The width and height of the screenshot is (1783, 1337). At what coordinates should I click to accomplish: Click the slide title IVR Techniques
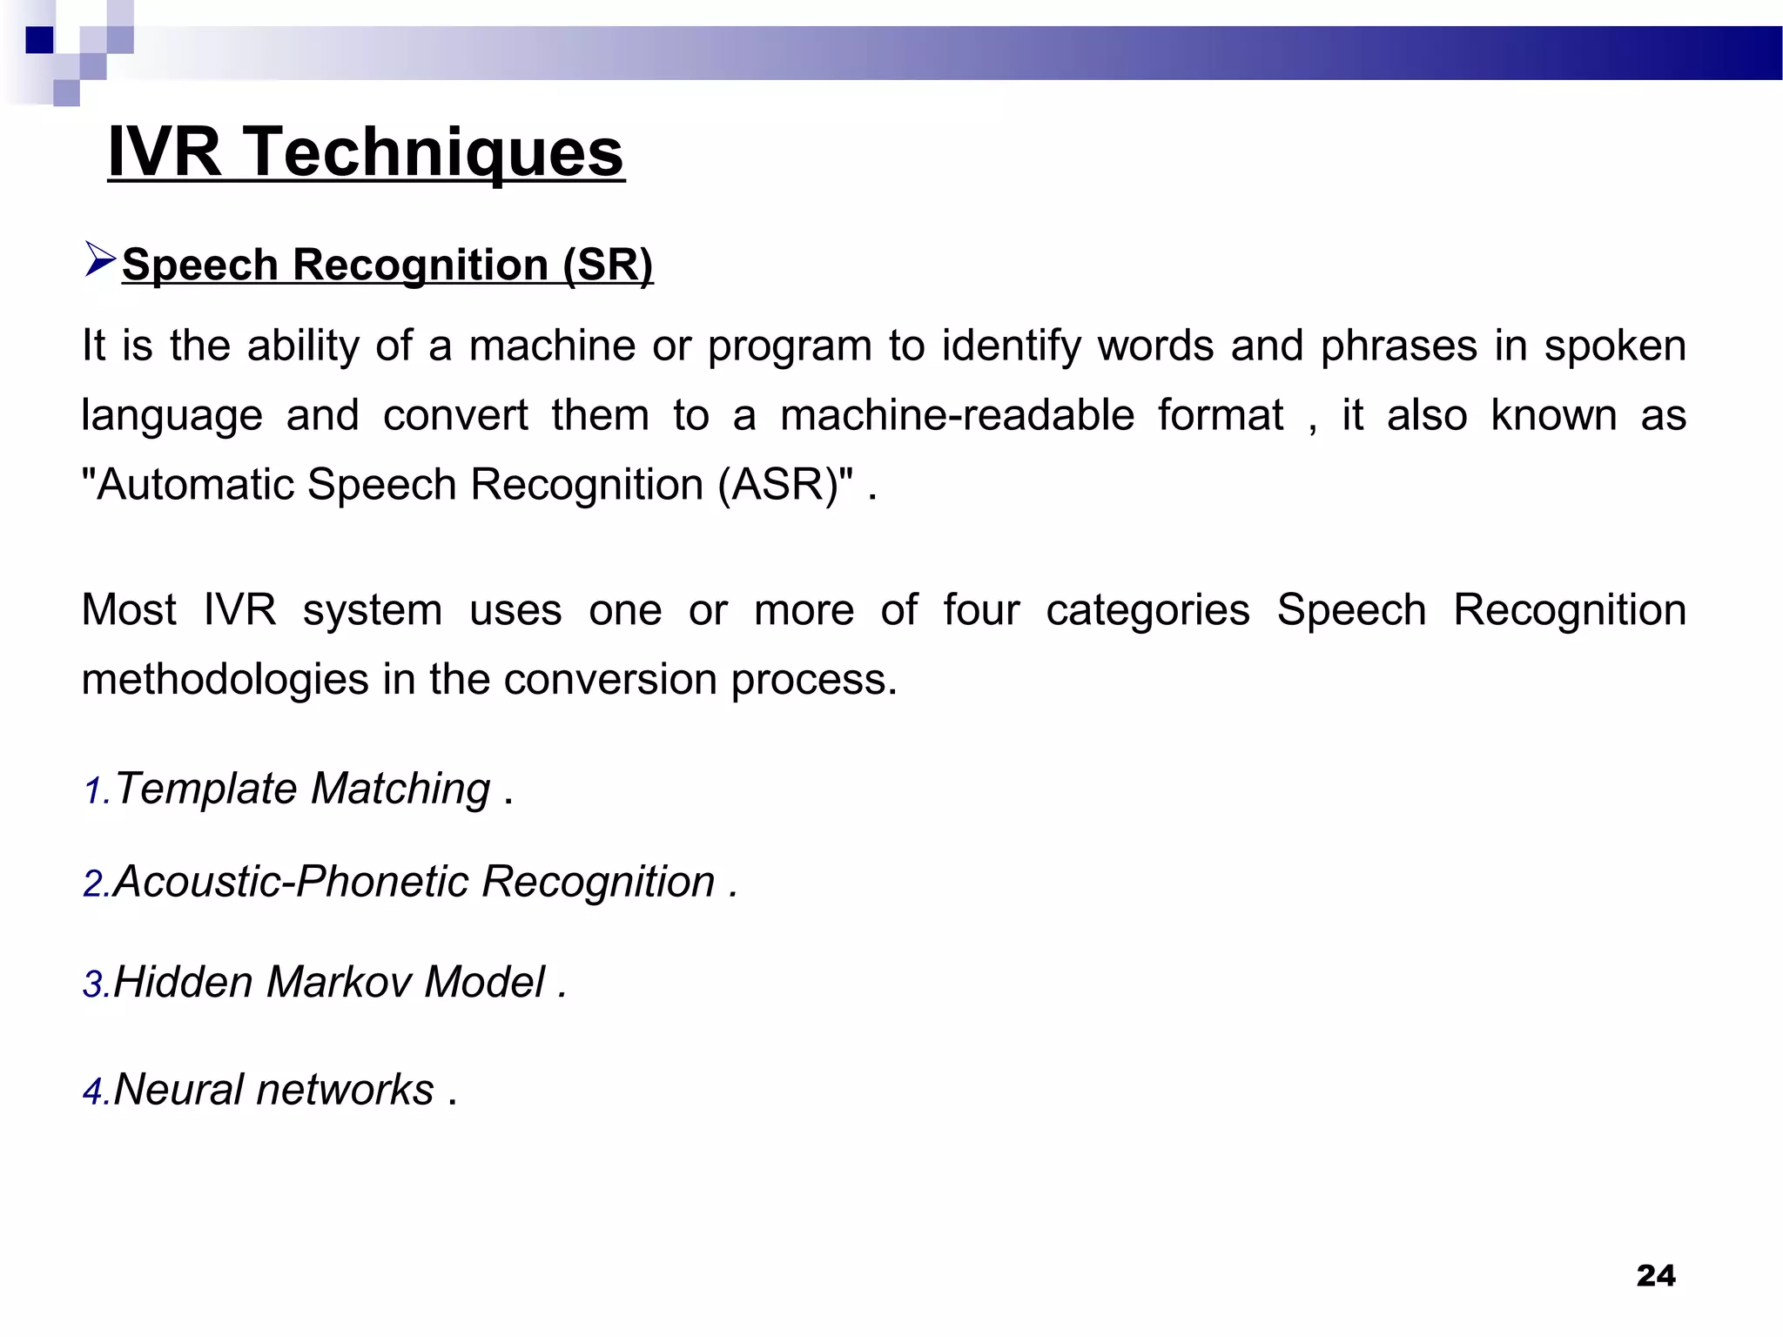pos(366,151)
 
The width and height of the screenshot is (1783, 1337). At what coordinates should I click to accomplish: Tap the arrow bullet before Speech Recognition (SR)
pos(100,260)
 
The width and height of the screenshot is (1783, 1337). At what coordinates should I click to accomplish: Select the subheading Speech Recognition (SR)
pos(387,265)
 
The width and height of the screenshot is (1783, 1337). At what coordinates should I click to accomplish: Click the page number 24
pos(1655,1276)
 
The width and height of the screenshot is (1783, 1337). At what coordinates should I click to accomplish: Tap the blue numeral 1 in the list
pos(93,792)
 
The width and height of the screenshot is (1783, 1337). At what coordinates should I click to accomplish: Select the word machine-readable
pos(957,415)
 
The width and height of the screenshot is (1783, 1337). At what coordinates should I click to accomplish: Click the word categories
pos(1147,609)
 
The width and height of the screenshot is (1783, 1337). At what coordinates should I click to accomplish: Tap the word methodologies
pos(225,679)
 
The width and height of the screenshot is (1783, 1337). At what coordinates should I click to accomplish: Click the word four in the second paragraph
pos(980,609)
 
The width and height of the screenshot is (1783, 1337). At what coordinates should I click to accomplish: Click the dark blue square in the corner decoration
pos(39,40)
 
